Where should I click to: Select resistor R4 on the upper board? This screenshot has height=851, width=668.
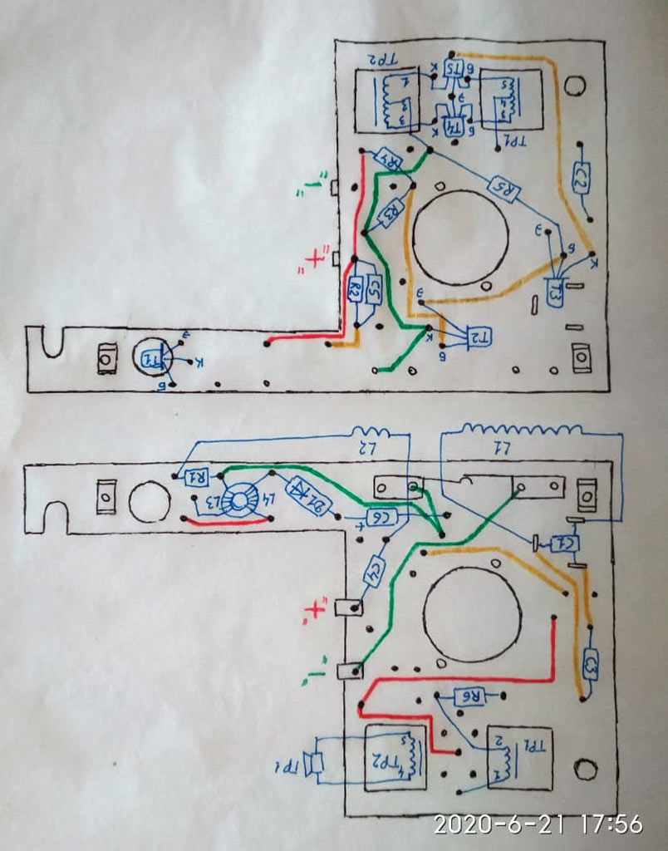[x=390, y=158]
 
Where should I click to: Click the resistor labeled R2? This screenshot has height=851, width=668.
[x=355, y=289]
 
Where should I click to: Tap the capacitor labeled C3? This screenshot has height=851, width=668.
[x=591, y=663]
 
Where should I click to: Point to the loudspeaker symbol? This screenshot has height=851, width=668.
[x=314, y=763]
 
